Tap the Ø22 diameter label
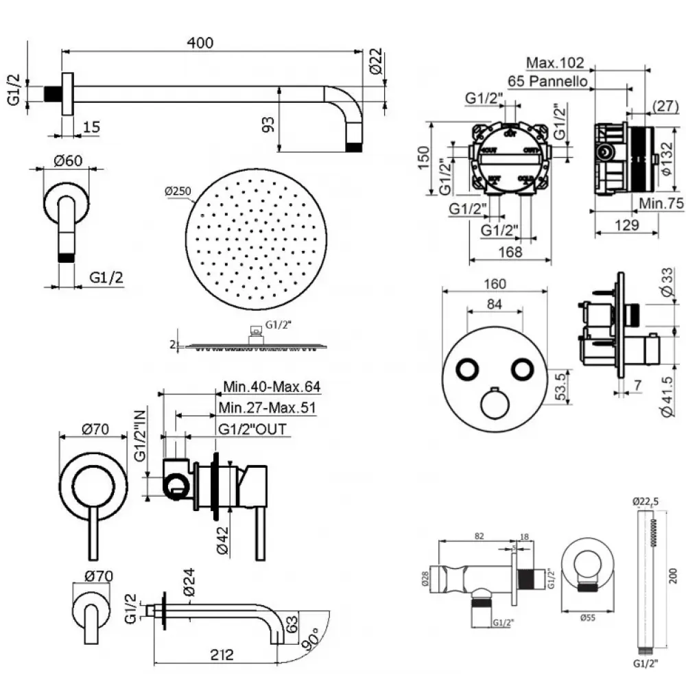(x=375, y=62)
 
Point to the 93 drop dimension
(x=269, y=123)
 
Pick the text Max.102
(x=555, y=63)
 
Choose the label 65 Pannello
(x=548, y=81)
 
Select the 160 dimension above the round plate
(x=494, y=284)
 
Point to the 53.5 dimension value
(x=560, y=386)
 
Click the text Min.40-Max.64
(x=272, y=387)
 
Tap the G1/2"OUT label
(x=252, y=429)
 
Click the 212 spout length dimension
(x=220, y=654)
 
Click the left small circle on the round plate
(x=468, y=369)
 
